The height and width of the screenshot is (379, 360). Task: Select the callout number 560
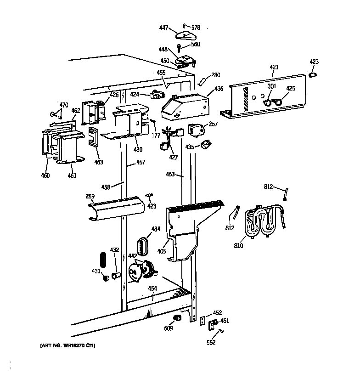click(x=195, y=45)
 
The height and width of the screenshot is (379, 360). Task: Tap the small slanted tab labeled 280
click(x=202, y=81)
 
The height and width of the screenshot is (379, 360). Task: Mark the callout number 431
click(x=96, y=271)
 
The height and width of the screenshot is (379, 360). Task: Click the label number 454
click(x=152, y=288)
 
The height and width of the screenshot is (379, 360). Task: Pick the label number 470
click(x=63, y=105)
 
